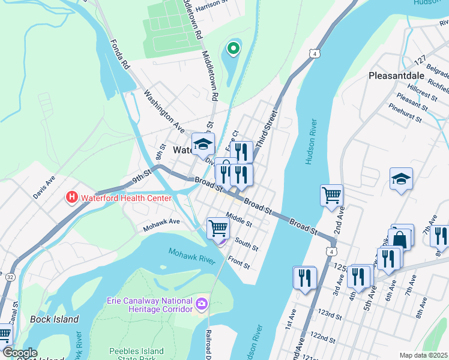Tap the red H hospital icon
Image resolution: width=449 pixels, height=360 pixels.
71,197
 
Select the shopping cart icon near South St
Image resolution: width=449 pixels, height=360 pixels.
218,228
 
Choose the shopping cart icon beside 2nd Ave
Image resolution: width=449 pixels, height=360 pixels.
331,195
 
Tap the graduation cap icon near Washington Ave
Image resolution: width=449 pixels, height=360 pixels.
203,144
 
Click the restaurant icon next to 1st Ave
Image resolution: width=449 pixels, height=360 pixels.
304,277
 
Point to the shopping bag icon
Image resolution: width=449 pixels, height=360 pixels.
399,239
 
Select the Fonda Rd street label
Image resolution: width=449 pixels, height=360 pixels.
119,54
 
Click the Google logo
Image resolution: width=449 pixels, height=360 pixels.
20,352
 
